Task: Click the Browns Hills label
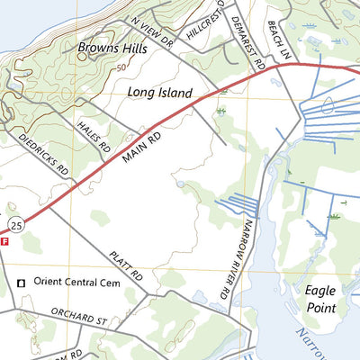point(111,46)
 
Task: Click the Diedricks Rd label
point(44,153)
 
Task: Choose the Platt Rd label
point(126,265)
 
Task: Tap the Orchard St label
point(78,319)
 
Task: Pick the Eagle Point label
point(320,300)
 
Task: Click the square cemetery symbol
point(21,283)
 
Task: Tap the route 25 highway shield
point(15,220)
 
